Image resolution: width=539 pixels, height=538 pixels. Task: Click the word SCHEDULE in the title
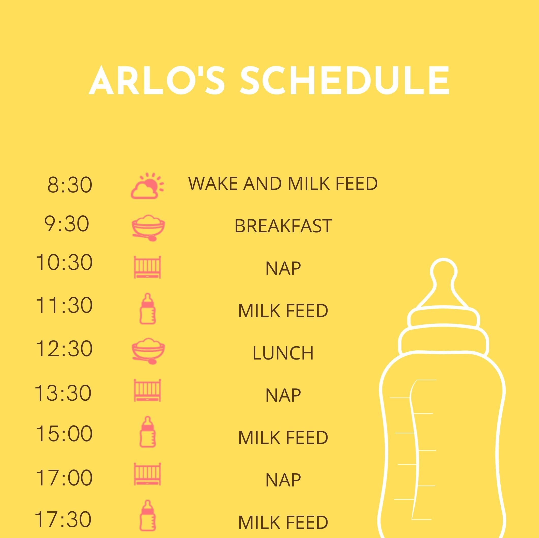tap(344, 81)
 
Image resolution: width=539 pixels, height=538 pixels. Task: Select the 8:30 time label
tap(69, 185)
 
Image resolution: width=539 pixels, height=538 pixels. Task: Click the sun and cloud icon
tap(148, 186)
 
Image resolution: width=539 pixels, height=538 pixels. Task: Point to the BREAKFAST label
tap(283, 226)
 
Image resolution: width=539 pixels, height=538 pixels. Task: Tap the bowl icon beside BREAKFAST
tap(148, 227)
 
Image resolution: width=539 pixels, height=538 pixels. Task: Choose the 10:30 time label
tap(64, 263)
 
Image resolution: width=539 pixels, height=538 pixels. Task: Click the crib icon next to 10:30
tap(148, 267)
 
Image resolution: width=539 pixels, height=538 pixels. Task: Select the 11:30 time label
tap(64, 305)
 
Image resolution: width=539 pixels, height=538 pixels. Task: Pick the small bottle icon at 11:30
tap(148, 308)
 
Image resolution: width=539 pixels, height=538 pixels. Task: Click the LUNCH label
tap(283, 353)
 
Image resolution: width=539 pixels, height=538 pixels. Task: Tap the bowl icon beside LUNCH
tap(148, 351)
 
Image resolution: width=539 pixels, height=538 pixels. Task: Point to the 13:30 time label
tap(63, 393)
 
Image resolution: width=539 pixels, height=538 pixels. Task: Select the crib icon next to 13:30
tap(148, 390)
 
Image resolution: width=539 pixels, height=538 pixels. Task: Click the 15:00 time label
tap(64, 434)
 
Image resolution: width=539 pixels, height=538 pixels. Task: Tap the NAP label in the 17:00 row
tap(283, 480)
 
